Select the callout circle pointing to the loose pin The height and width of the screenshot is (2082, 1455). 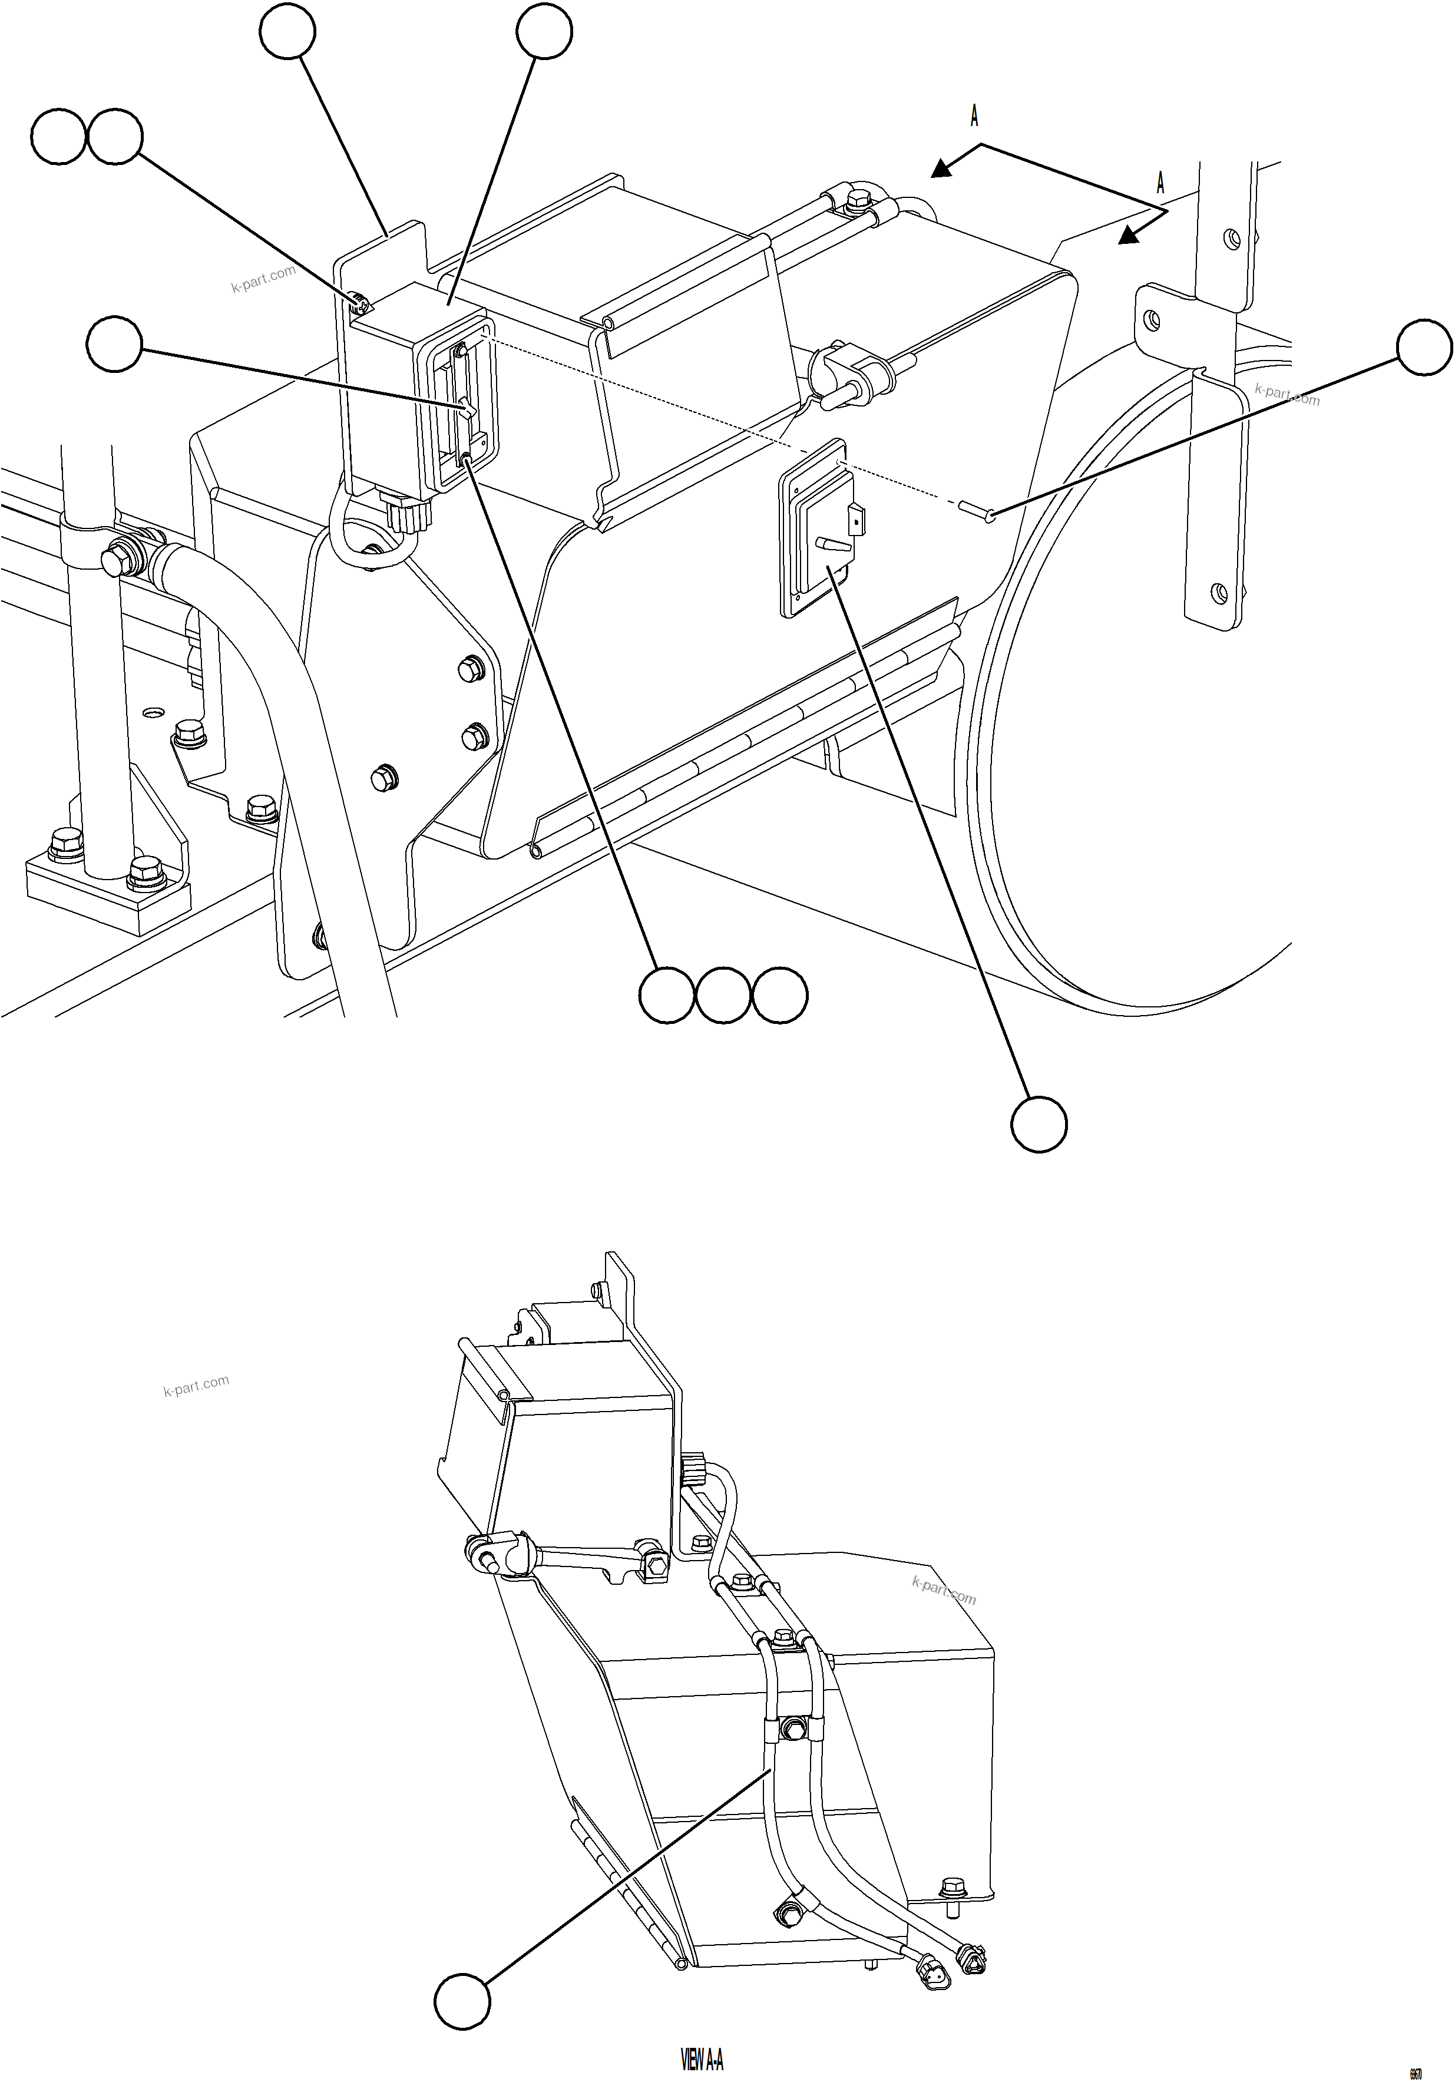[1424, 346]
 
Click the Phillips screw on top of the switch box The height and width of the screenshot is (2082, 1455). [358, 298]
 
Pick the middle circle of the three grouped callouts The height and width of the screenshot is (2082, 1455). [723, 996]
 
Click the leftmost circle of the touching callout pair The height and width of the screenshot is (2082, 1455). [59, 137]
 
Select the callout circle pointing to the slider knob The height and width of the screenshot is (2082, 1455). [114, 343]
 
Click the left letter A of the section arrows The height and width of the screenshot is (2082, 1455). [974, 116]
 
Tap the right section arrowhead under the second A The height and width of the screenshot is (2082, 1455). [1127, 236]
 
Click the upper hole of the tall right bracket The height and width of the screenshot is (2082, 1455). [1231, 239]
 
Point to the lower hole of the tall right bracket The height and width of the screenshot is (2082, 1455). [1219, 593]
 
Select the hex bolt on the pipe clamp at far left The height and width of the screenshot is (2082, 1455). [114, 562]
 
